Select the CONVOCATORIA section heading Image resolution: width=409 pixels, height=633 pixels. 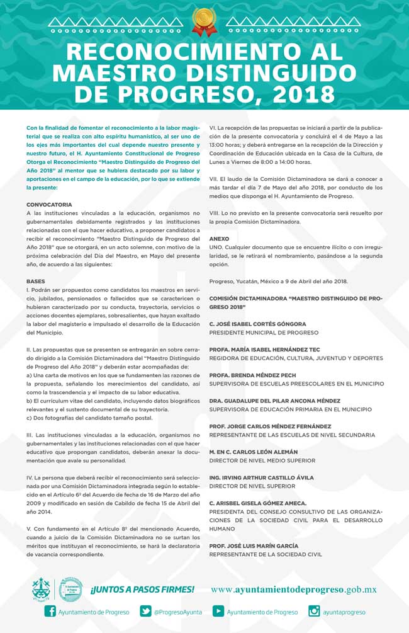tap(49, 205)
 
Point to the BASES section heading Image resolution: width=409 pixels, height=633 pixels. tap(35, 281)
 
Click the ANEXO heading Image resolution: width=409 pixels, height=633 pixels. tap(219, 239)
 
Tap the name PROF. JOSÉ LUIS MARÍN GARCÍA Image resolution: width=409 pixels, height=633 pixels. tap(254, 546)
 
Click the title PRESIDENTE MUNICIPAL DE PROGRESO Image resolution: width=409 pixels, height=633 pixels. tap(264, 332)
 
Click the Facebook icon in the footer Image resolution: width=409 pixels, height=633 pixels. tap(50, 611)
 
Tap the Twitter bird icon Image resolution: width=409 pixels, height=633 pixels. tap(145, 611)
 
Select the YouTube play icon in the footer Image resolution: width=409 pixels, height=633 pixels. tap(218, 611)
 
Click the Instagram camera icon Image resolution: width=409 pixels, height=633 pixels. tap(314, 611)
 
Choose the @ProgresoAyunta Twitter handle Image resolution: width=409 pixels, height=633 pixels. tap(177, 612)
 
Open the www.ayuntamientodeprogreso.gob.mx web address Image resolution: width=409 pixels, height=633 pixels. tap(293, 590)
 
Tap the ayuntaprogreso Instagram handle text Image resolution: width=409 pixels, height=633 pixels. tap(345, 612)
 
